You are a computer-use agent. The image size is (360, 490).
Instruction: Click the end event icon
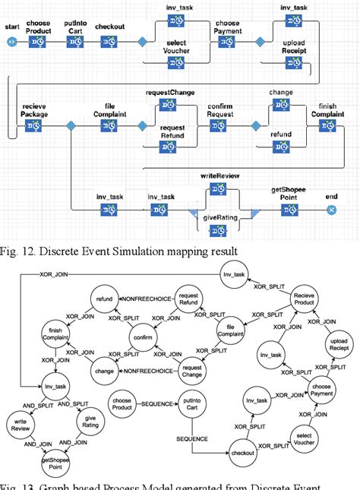coord(331,209)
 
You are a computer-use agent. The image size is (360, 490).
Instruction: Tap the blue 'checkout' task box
coord(112,42)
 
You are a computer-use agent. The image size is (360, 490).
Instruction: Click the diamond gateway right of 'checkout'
coord(141,42)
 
